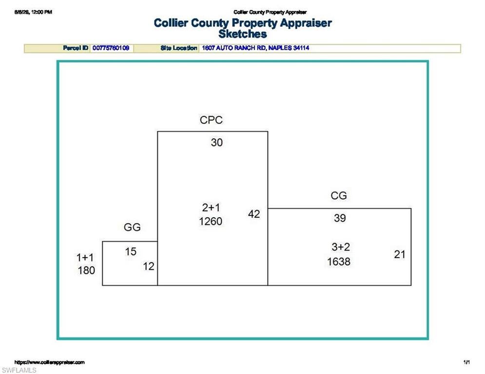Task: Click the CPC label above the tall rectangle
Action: pyautogui.click(x=211, y=120)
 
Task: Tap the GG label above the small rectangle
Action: pyautogui.click(x=132, y=227)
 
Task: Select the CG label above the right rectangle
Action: pyautogui.click(x=339, y=196)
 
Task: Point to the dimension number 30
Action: pyautogui.click(x=216, y=143)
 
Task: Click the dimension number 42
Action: pyautogui.click(x=254, y=214)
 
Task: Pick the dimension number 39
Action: pyautogui.click(x=340, y=218)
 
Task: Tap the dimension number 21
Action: pyautogui.click(x=400, y=254)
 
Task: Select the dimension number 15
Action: pyautogui.click(x=131, y=252)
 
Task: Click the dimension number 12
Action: pyautogui.click(x=149, y=266)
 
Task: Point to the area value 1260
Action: pyautogui.click(x=211, y=222)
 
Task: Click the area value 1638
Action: pyautogui.click(x=339, y=262)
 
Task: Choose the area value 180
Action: pyautogui.click(x=86, y=270)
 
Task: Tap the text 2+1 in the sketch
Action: pyautogui.click(x=211, y=208)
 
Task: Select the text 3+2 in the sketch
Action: pyautogui.click(x=341, y=247)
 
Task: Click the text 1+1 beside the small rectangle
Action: pyautogui.click(x=85, y=258)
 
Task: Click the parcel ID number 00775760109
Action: pyautogui.click(x=111, y=48)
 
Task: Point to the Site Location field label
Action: pyautogui.click(x=179, y=48)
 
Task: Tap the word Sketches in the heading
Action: pyautogui.click(x=243, y=34)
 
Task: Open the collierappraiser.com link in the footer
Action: pyautogui.click(x=50, y=362)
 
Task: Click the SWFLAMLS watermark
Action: pyautogui.click(x=19, y=370)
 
